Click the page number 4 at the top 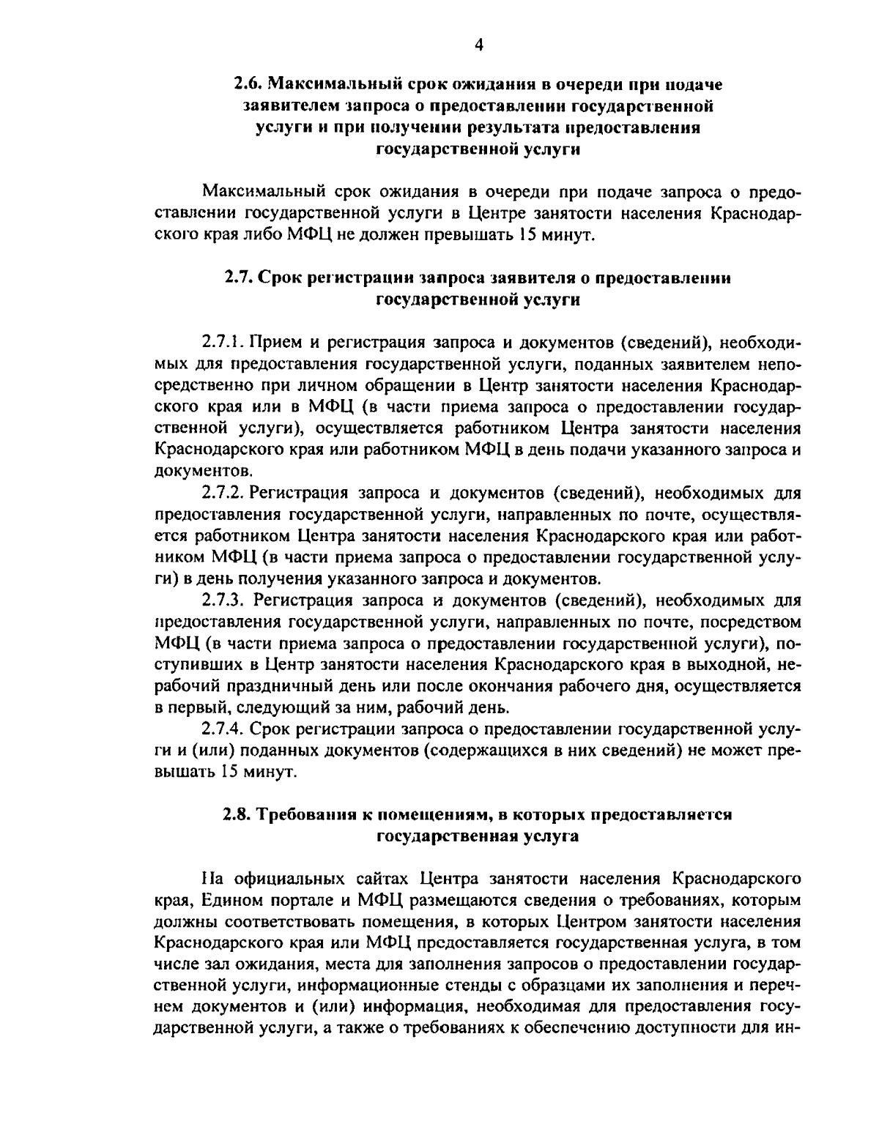[479, 45]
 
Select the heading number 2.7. [239, 278]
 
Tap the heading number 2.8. [237, 814]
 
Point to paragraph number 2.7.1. [222, 342]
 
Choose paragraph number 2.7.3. [223, 600]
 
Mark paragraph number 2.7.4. [223, 729]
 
